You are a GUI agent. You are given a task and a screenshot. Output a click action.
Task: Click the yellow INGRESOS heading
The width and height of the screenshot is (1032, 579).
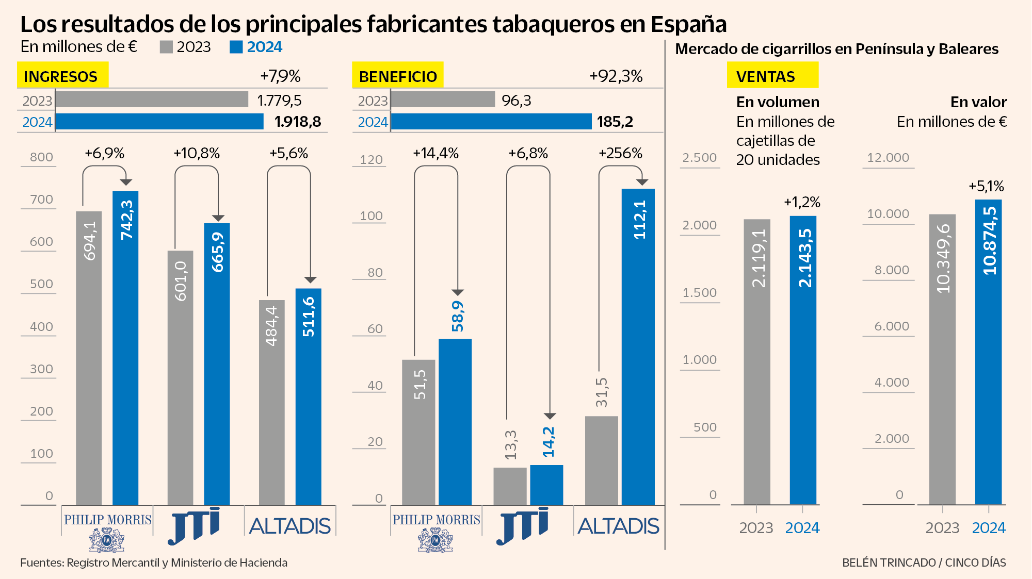click(62, 75)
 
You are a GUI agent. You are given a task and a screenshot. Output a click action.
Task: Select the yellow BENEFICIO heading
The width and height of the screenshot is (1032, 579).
click(397, 75)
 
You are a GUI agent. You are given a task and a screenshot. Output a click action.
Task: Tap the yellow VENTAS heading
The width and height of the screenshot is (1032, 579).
click(772, 75)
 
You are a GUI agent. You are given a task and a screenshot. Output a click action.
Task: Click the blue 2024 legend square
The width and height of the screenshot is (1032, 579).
click(236, 47)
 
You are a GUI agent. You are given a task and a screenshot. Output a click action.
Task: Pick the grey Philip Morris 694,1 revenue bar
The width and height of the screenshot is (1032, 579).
click(89, 361)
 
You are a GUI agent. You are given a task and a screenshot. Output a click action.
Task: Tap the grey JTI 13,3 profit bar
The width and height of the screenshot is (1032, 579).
click(510, 486)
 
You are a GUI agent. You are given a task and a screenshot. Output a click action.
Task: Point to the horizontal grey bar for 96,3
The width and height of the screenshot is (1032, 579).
click(443, 100)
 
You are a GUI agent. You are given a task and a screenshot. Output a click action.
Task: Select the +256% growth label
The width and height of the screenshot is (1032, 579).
click(620, 153)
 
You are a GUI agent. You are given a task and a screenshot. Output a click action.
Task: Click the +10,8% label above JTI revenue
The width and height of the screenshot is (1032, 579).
click(197, 153)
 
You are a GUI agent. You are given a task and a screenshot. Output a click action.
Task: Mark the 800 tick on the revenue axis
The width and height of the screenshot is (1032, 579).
click(41, 157)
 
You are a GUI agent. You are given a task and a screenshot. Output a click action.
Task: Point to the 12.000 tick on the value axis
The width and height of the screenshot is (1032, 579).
click(888, 158)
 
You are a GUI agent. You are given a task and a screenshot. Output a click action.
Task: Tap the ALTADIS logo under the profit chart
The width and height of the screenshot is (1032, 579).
click(618, 526)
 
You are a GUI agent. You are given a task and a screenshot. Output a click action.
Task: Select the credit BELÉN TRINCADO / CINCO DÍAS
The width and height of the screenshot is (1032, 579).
click(924, 563)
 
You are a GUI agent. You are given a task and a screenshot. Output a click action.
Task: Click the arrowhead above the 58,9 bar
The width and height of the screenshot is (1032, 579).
click(458, 292)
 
